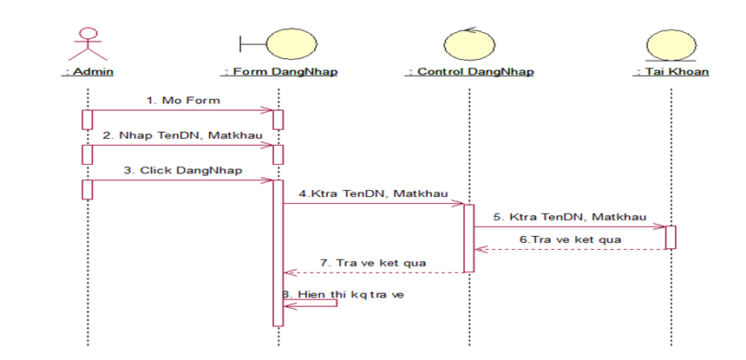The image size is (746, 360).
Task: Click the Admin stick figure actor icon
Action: click(x=86, y=43)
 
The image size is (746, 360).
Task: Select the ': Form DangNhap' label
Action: click(x=279, y=72)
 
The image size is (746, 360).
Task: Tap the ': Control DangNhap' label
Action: click(x=468, y=72)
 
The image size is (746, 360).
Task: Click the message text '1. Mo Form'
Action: click(x=183, y=101)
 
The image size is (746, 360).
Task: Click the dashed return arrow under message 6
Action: click(x=570, y=249)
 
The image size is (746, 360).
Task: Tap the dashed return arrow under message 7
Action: click(x=374, y=272)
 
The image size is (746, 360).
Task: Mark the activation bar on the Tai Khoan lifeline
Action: click(x=671, y=237)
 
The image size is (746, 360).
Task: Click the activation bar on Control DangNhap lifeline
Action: click(x=468, y=238)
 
